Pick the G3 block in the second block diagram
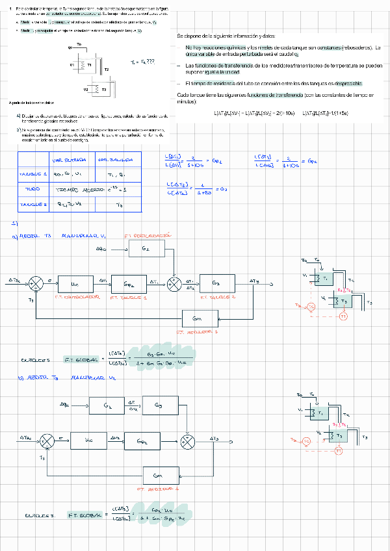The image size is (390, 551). click(157, 405)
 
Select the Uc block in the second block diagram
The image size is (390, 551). click(89, 439)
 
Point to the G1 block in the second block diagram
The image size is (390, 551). click(108, 405)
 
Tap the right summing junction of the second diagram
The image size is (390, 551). click(188, 439)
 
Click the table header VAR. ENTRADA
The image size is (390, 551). click(66, 160)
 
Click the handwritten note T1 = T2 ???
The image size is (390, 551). click(142, 61)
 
